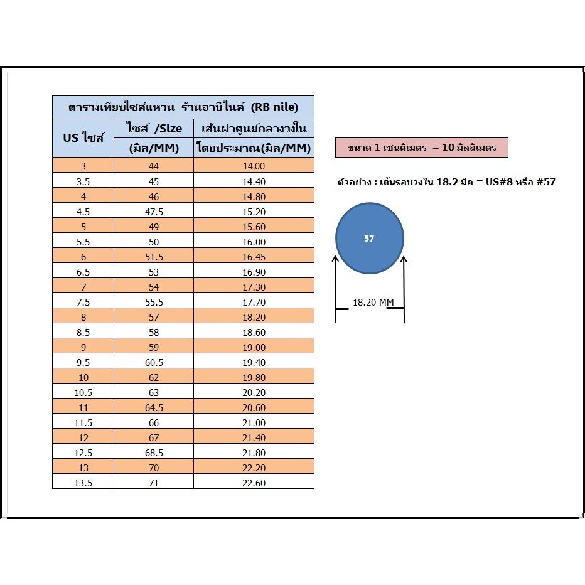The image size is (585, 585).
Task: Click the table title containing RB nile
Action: pos(183,107)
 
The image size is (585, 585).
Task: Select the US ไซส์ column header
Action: pos(83,137)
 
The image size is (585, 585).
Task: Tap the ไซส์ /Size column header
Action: pos(154,128)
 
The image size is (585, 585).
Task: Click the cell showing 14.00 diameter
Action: pos(254,166)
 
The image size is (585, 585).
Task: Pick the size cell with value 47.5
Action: pos(154,212)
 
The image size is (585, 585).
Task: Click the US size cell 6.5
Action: pos(83,272)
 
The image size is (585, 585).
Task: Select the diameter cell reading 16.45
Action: pos(254,257)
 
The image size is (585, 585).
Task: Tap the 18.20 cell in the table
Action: pos(254,317)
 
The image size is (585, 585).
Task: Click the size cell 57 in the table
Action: pos(154,317)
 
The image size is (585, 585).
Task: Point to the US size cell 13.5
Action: pos(83,483)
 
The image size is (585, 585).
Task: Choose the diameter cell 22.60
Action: pos(254,483)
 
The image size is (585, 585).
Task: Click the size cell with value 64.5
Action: pos(154,407)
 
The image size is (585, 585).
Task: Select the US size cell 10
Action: pos(83,378)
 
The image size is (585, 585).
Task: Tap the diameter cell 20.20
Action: pos(254,392)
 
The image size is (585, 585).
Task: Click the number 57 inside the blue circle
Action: pos(369,239)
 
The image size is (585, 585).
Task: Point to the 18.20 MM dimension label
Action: pos(373,302)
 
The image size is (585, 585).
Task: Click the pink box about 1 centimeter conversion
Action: pos(422,148)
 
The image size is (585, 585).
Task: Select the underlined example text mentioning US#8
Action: pos(446,182)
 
